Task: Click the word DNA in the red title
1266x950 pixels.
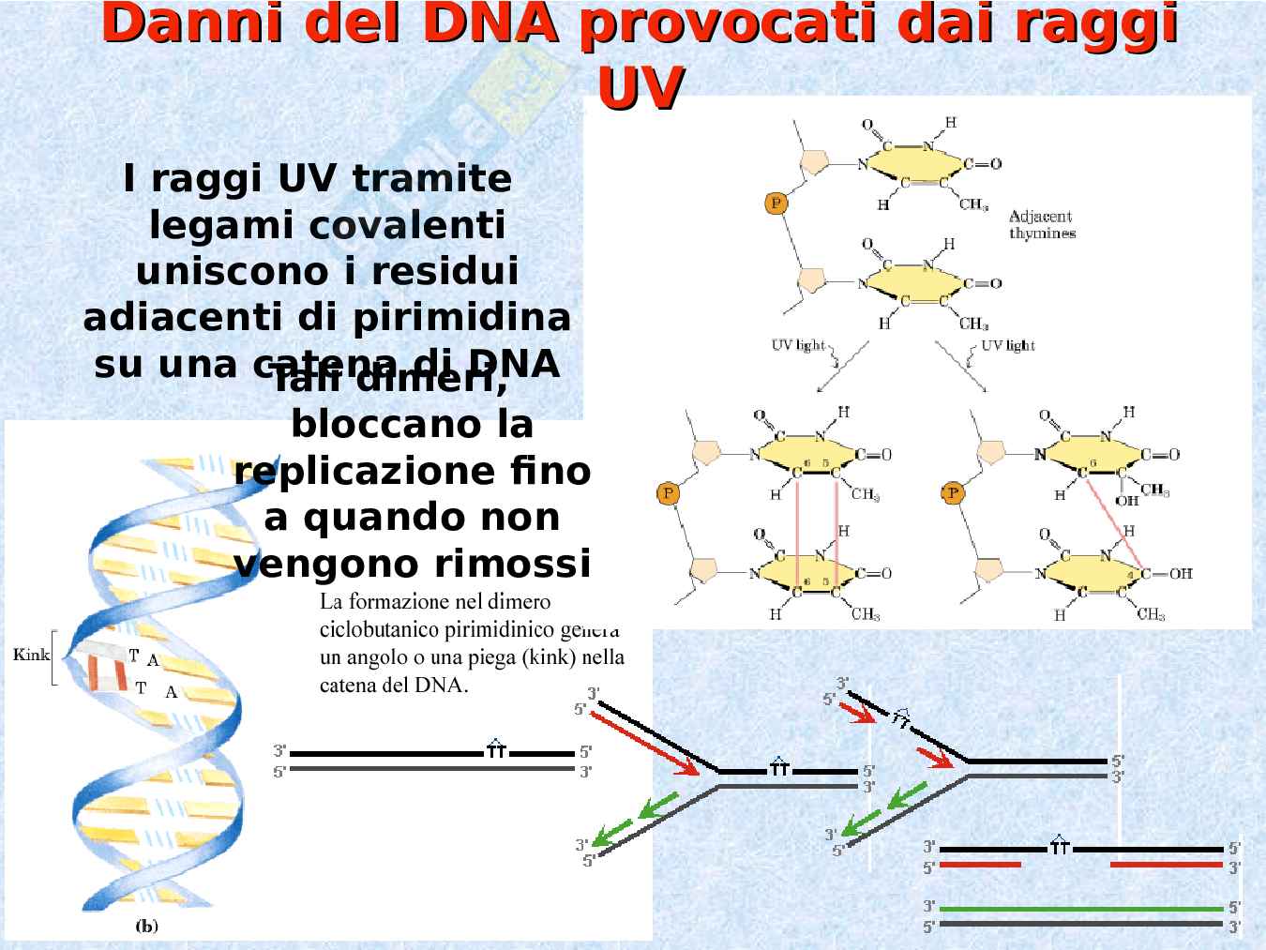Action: (487, 23)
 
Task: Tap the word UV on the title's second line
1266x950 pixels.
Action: (640, 88)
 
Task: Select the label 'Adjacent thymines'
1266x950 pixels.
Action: (1042, 225)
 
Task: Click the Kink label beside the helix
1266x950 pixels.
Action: (31, 654)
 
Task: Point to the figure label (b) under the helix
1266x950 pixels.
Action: (146, 927)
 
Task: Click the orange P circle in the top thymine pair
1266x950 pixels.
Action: (776, 202)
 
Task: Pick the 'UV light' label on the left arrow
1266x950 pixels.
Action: (798, 345)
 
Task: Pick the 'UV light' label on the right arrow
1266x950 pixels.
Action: (1008, 345)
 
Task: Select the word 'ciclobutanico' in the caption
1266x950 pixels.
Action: (378, 628)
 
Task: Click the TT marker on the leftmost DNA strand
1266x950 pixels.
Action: (496, 750)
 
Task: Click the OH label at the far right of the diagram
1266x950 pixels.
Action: (1180, 573)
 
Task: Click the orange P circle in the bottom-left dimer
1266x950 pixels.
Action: (668, 492)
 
